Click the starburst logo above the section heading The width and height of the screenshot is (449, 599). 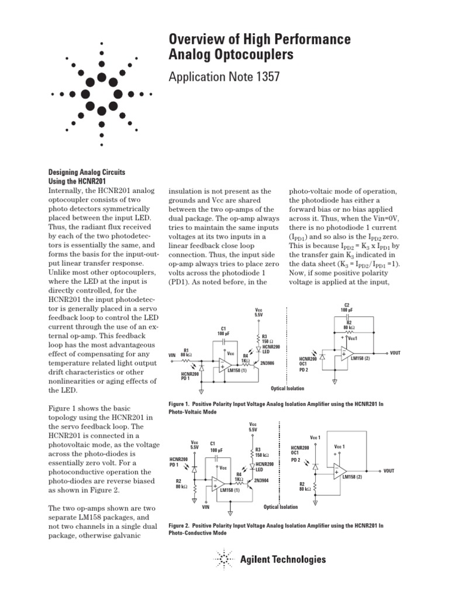pyautogui.click(x=102, y=94)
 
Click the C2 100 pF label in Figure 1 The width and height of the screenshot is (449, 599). pyautogui.click(x=346, y=308)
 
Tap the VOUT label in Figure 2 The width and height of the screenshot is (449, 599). pyautogui.click(x=389, y=470)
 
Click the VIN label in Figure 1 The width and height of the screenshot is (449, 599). pyautogui.click(x=172, y=354)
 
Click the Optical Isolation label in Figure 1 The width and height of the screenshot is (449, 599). pyautogui.click(x=288, y=388)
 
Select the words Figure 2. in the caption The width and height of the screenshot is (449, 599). pyautogui.click(x=181, y=526)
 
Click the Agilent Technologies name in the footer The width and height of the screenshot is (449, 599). pyautogui.click(x=283, y=560)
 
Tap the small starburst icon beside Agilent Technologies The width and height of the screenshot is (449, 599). pyautogui.click(x=224, y=560)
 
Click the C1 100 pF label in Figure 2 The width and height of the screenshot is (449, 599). pyautogui.click(x=216, y=446)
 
